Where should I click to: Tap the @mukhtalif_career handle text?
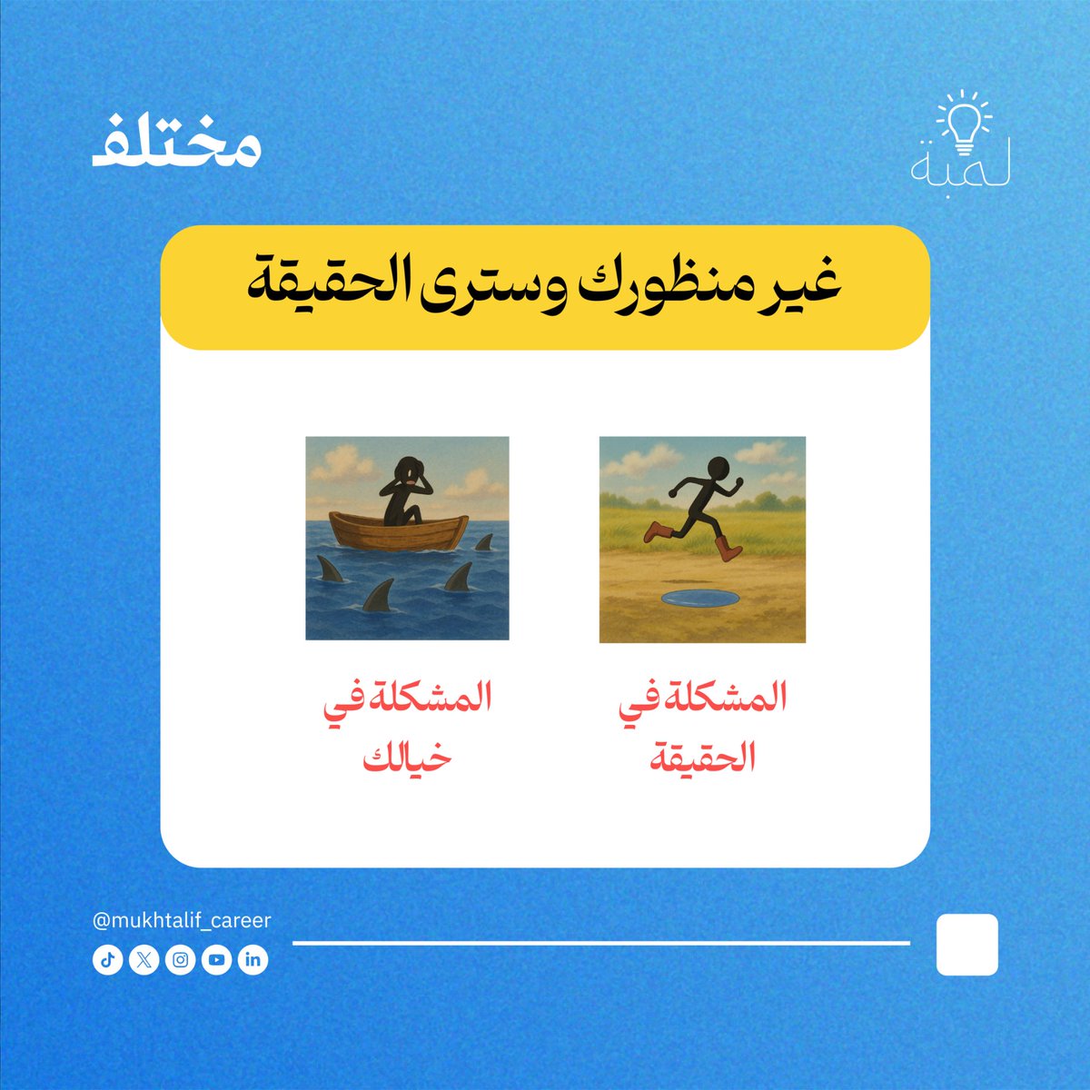tap(182, 920)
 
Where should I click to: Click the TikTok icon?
tap(107, 960)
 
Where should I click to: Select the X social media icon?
tap(144, 960)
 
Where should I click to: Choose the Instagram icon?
tap(181, 960)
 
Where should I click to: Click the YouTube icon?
tap(217, 960)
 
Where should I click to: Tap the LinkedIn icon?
tap(253, 960)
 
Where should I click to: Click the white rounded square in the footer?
tap(966, 945)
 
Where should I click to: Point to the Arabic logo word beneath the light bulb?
tap(961, 169)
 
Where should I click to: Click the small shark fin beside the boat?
tap(483, 542)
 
